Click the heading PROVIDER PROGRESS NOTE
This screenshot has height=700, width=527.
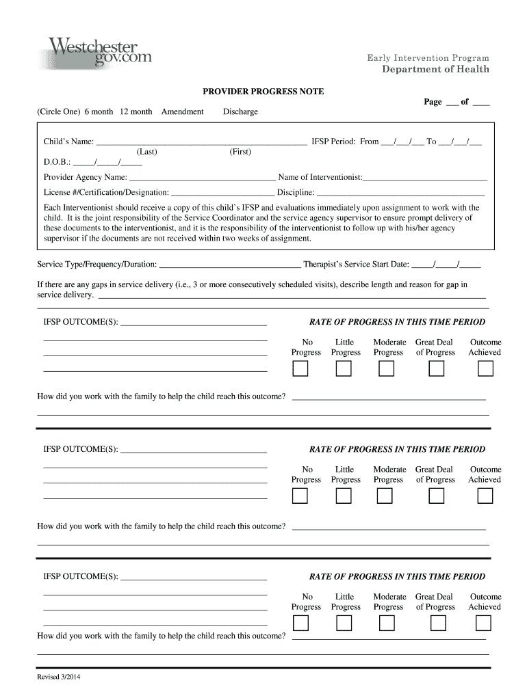point(263,92)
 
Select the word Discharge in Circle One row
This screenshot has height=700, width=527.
point(240,111)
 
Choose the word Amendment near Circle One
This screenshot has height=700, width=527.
point(183,111)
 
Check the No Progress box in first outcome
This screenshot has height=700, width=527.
point(300,369)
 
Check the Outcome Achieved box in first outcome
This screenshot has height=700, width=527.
point(485,369)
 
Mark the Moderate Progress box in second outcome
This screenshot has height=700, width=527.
point(387,496)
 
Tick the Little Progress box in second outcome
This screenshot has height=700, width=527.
point(344,496)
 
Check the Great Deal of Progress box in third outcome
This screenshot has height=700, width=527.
point(437,623)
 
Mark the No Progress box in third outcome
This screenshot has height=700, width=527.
point(300,623)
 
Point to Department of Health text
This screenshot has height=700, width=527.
point(435,70)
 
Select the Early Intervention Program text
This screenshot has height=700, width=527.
point(428,58)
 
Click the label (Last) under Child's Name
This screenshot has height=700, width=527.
point(147,152)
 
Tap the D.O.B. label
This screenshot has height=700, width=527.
point(57,163)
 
